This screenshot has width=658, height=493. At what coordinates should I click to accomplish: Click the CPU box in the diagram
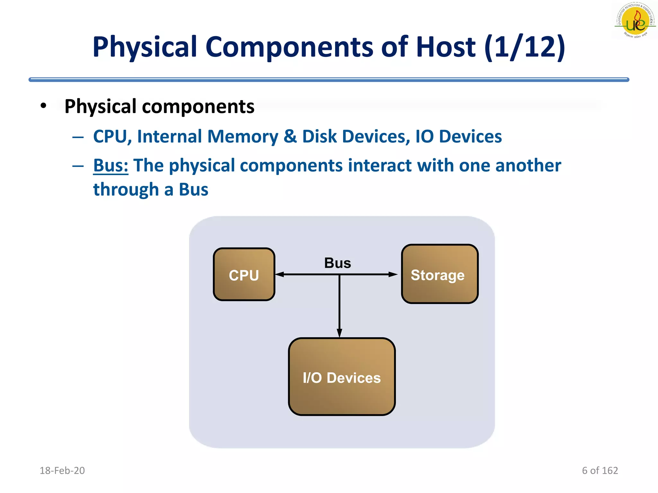(244, 274)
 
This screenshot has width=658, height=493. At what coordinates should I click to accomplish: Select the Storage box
(440, 274)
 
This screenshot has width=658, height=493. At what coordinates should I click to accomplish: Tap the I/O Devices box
(342, 376)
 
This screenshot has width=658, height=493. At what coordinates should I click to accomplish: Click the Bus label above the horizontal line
(337, 263)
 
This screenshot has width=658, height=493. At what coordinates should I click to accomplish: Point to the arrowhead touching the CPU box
(280, 274)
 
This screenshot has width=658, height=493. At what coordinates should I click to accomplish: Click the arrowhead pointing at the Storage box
(393, 274)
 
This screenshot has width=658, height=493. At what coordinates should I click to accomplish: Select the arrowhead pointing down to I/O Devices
(339, 333)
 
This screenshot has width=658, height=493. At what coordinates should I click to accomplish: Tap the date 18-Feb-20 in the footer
(62, 471)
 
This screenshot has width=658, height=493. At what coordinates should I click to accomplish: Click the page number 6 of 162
(600, 471)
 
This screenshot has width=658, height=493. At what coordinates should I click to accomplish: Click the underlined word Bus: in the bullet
(111, 166)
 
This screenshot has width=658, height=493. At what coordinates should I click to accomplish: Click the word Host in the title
(445, 47)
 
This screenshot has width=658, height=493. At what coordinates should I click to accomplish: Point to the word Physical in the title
(145, 47)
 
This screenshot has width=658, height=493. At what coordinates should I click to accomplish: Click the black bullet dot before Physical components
(43, 106)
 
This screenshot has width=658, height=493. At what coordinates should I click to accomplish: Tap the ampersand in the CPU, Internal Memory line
(290, 136)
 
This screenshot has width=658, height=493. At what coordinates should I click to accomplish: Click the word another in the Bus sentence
(528, 166)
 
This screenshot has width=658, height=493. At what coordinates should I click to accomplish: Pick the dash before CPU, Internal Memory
(78, 137)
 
